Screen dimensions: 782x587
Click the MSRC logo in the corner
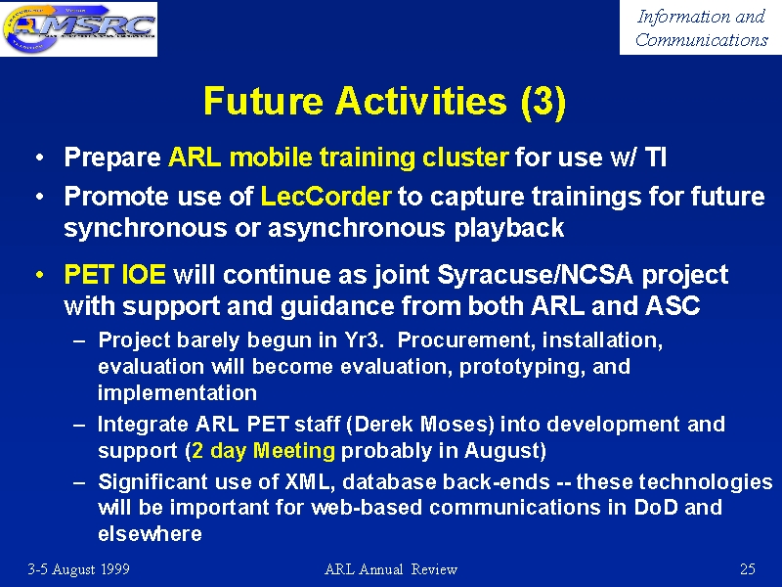(x=79, y=28)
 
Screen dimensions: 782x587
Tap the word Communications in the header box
(x=701, y=39)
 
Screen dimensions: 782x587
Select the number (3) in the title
(x=543, y=102)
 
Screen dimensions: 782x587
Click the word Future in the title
(x=263, y=101)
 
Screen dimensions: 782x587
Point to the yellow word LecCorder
(x=326, y=197)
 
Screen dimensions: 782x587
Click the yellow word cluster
(x=465, y=158)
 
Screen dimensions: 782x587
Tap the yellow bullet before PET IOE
(x=39, y=275)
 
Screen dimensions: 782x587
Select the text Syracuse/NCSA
(x=535, y=275)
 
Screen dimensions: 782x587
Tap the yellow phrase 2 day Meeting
(x=263, y=451)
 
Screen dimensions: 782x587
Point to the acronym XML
(x=307, y=481)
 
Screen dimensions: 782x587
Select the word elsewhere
(x=150, y=533)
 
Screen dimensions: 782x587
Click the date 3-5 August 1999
(x=79, y=569)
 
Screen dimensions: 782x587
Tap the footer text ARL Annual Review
(x=391, y=569)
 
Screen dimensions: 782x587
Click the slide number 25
(x=748, y=569)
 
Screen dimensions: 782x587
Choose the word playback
(x=508, y=228)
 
